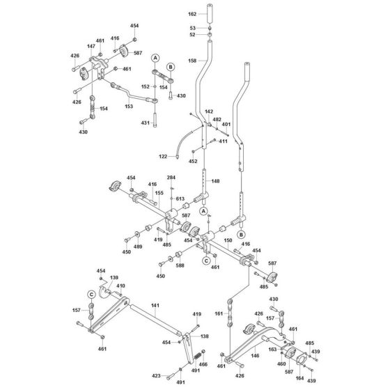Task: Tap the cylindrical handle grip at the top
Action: click(x=210, y=15)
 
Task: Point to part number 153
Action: click(x=129, y=107)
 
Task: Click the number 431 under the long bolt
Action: click(x=145, y=123)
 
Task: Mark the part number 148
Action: click(x=215, y=181)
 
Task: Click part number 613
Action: click(x=180, y=199)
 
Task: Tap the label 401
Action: click(x=225, y=125)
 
